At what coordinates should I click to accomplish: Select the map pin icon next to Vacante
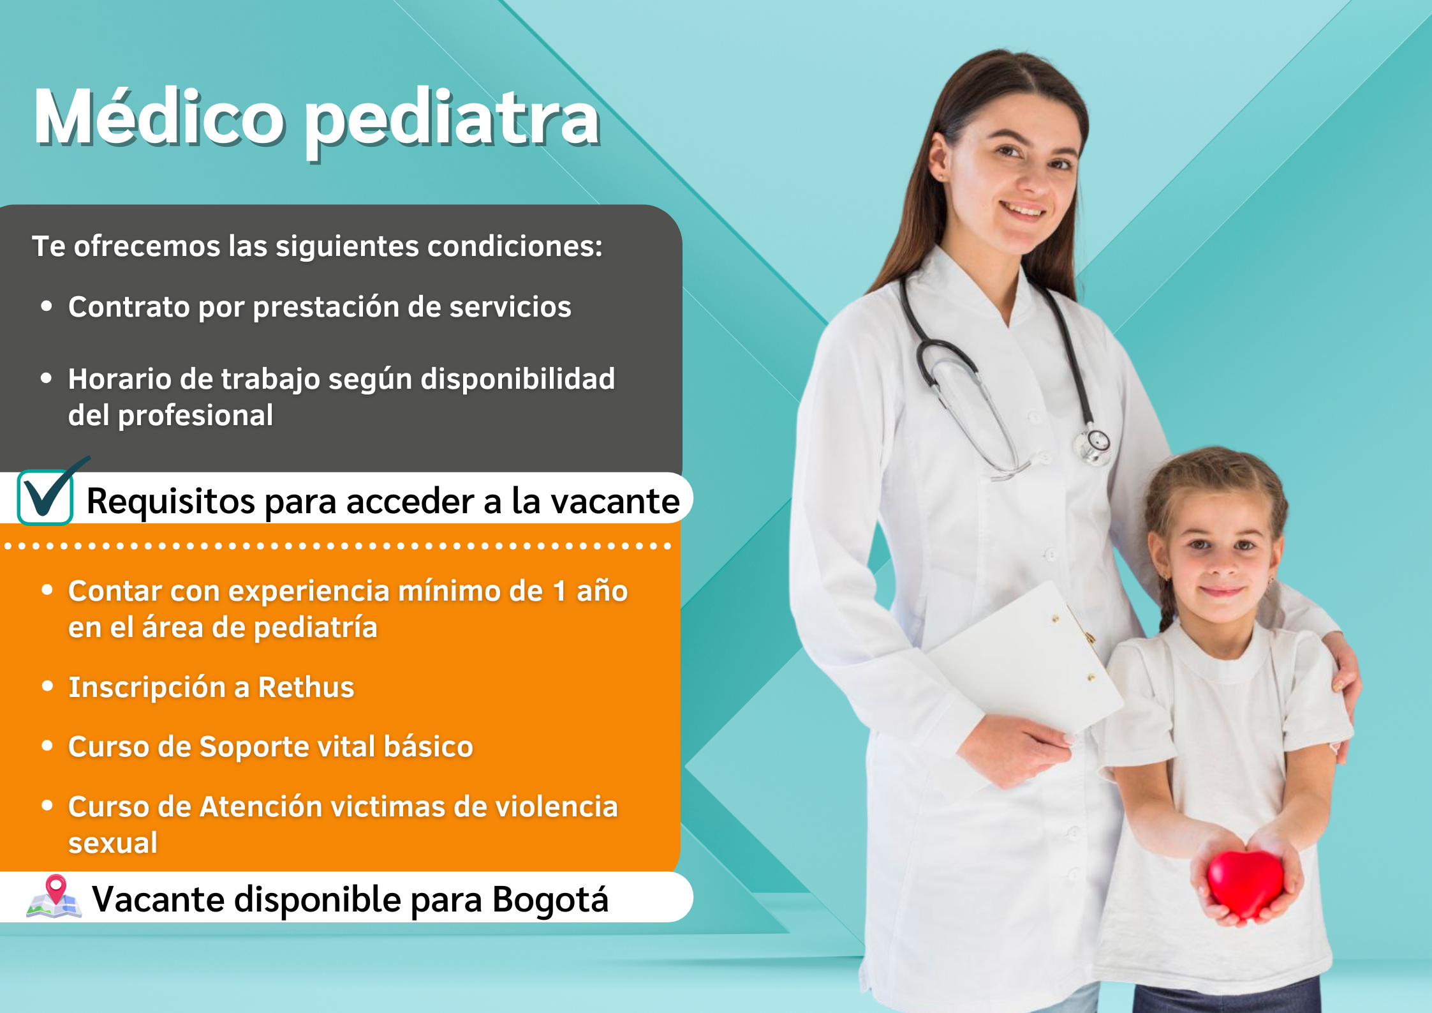pos(54,896)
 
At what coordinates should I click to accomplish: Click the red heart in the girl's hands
pos(1244,883)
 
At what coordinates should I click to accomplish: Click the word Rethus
pos(306,687)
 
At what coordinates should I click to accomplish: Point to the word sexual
pos(113,843)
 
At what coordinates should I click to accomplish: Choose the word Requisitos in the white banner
pos(171,501)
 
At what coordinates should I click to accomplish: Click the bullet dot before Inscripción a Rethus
pos(47,686)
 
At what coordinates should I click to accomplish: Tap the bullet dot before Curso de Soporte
pos(47,746)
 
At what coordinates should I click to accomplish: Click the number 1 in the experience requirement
pos(559,591)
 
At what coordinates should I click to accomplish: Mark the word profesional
pos(196,416)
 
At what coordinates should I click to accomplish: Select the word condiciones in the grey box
pos(515,246)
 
